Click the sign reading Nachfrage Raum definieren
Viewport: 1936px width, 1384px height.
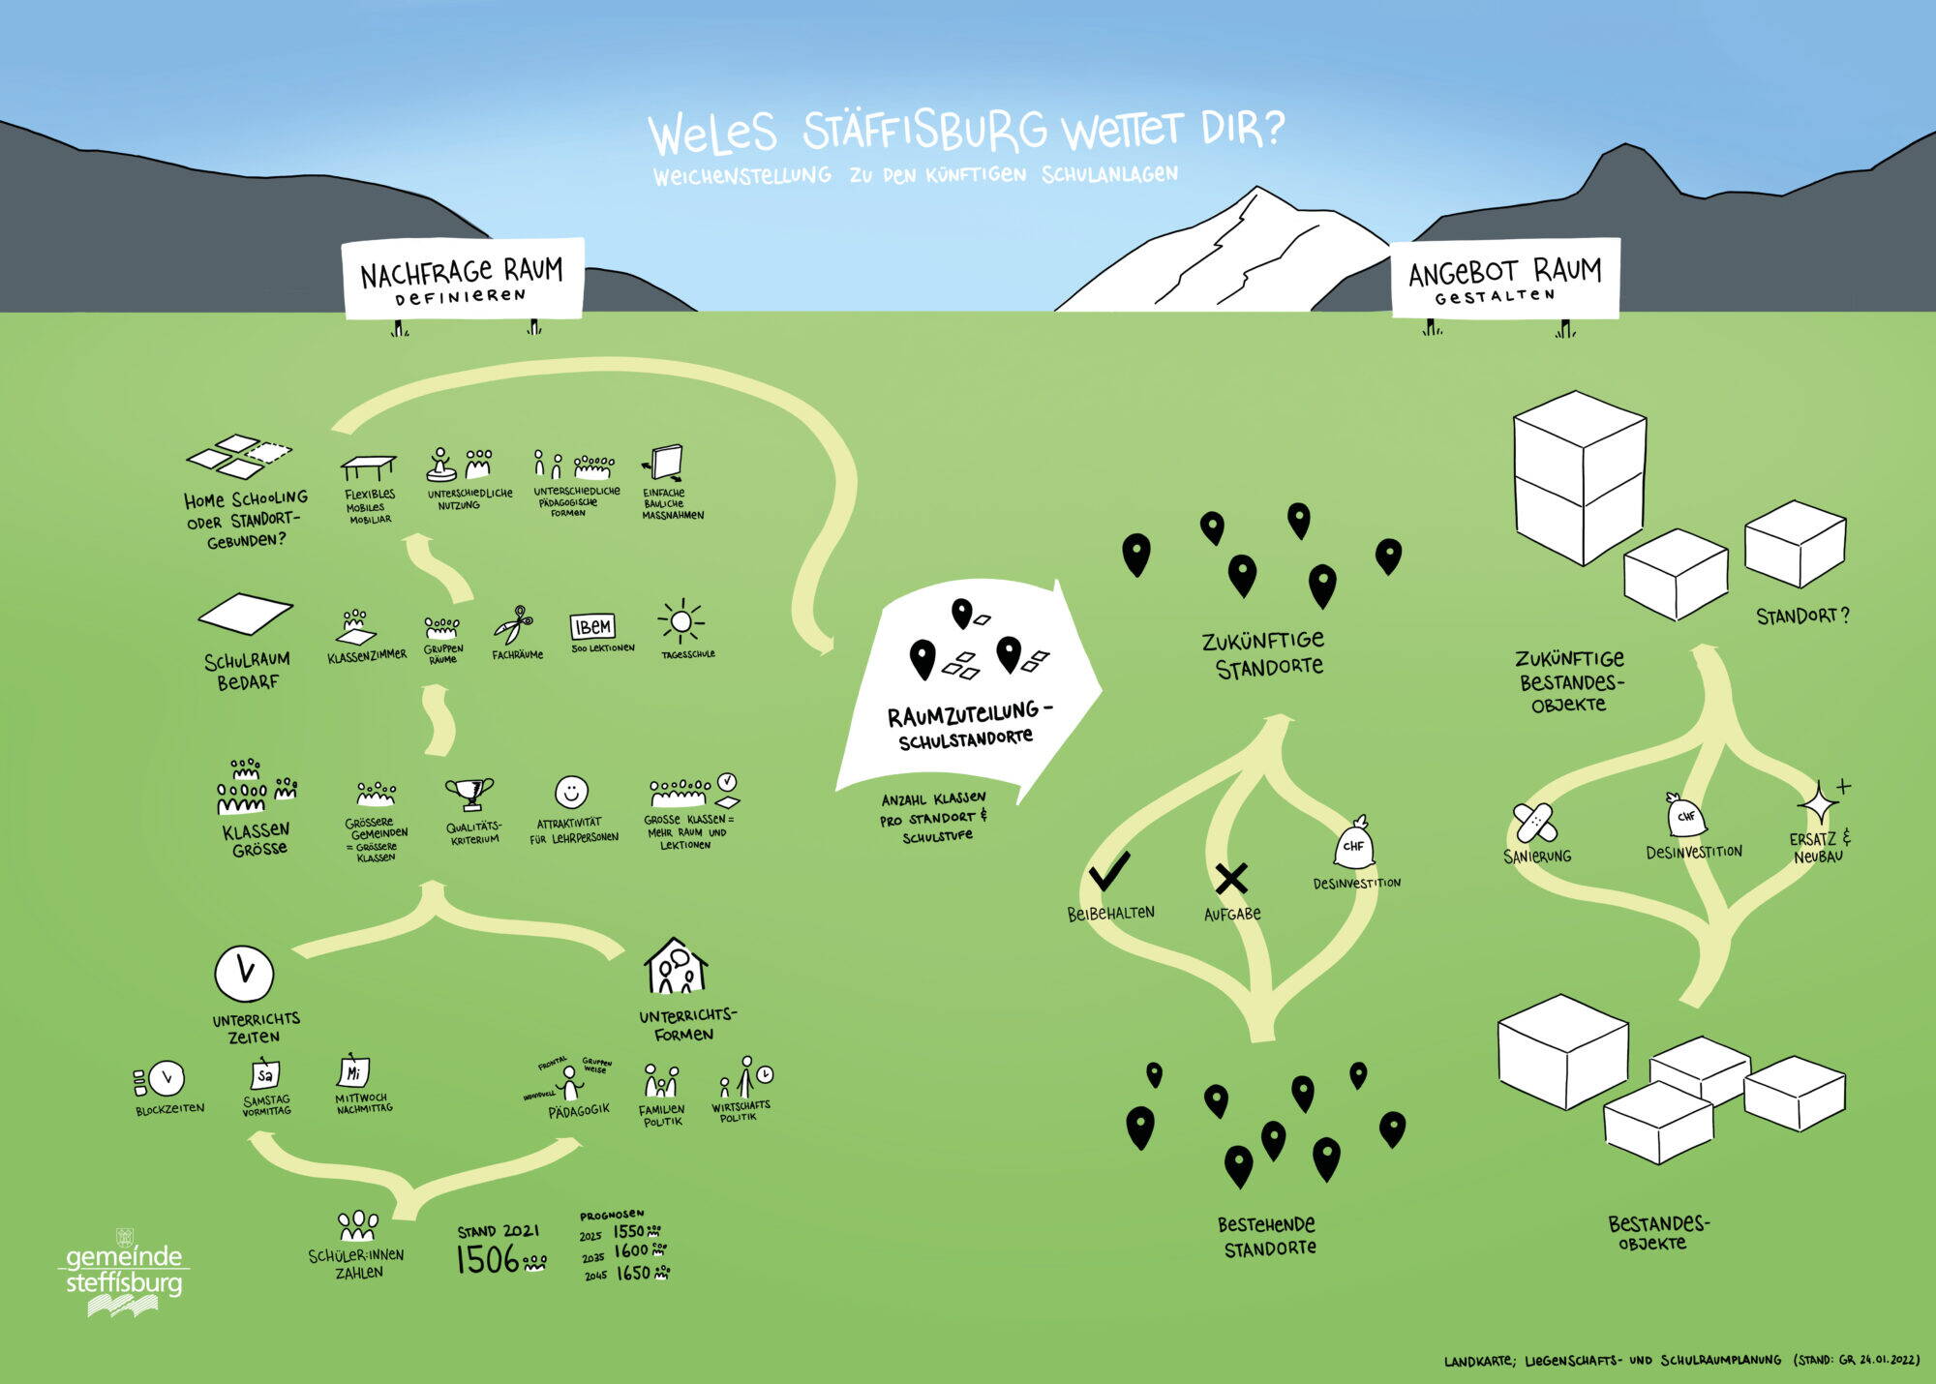[463, 278]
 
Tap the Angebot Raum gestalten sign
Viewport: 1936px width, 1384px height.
[1504, 278]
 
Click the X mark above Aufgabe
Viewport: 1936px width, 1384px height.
[1231, 878]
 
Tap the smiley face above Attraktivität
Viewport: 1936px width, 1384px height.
[571, 792]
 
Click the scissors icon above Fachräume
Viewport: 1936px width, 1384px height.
[514, 625]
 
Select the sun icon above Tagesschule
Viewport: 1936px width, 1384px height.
[681, 620]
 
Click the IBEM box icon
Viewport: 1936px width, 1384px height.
[592, 626]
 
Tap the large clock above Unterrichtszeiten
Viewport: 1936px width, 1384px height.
[244, 973]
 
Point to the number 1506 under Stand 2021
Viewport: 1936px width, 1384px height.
[488, 1259]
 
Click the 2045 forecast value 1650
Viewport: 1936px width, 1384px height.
[633, 1274]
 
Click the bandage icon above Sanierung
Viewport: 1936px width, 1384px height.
[1535, 823]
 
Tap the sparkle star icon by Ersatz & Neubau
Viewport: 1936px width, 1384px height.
[1818, 803]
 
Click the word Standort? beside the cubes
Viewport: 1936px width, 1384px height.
[1801, 616]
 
